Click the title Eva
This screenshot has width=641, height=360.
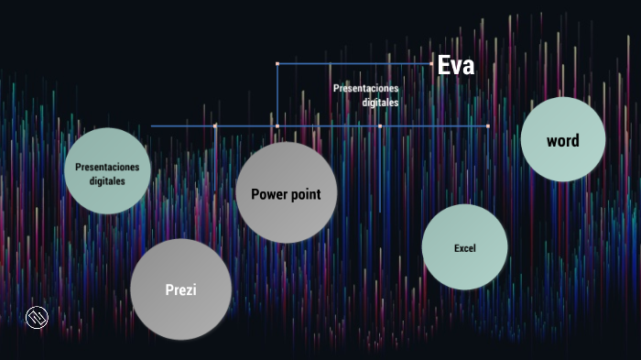[x=456, y=65]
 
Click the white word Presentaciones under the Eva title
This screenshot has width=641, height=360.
[x=365, y=88]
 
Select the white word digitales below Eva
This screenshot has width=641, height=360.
[x=380, y=103]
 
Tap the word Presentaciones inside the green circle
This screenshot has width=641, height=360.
[x=107, y=167]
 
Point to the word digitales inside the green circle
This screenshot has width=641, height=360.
[x=107, y=180]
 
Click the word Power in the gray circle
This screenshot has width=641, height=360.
[x=268, y=194]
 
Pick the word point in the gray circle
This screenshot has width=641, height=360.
[x=306, y=195]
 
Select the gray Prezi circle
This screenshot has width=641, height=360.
[x=180, y=289]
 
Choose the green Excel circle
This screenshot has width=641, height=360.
[x=465, y=247]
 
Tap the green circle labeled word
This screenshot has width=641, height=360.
[x=563, y=139]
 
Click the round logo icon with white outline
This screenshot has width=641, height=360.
[x=37, y=318]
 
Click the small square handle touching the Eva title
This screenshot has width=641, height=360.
[x=431, y=64]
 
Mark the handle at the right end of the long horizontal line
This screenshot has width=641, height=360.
[x=488, y=126]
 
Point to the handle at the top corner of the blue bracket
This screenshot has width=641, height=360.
[x=277, y=64]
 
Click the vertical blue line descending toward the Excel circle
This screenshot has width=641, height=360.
[x=380, y=169]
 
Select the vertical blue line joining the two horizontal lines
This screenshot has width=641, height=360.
[x=277, y=95]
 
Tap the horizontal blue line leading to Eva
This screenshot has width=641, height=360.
[x=354, y=64]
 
